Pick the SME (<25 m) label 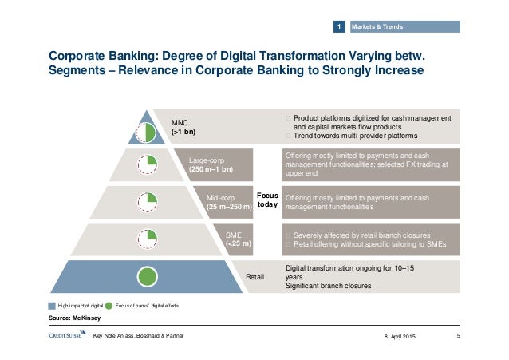[x=239, y=238]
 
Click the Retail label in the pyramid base [x=254, y=277]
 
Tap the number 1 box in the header [x=339, y=28]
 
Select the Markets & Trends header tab [x=383, y=28]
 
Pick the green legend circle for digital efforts [x=109, y=306]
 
